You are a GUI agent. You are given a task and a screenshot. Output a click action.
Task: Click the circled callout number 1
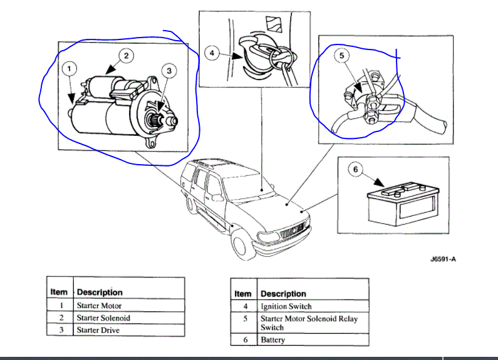pos(70,68)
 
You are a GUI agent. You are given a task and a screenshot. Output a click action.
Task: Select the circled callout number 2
pos(125,56)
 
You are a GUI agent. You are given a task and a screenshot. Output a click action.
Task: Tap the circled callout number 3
pos(170,71)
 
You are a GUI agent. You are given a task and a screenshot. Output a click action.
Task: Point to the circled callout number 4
pos(212,54)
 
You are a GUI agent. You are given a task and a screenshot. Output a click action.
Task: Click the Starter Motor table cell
pos(99,306)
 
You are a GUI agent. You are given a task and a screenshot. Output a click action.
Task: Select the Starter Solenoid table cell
pos(103,318)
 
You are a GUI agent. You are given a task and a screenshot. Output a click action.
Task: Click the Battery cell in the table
pos(272,340)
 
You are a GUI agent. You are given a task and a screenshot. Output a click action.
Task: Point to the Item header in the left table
pos(59,292)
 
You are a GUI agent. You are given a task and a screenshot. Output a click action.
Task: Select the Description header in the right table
pos(283,294)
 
